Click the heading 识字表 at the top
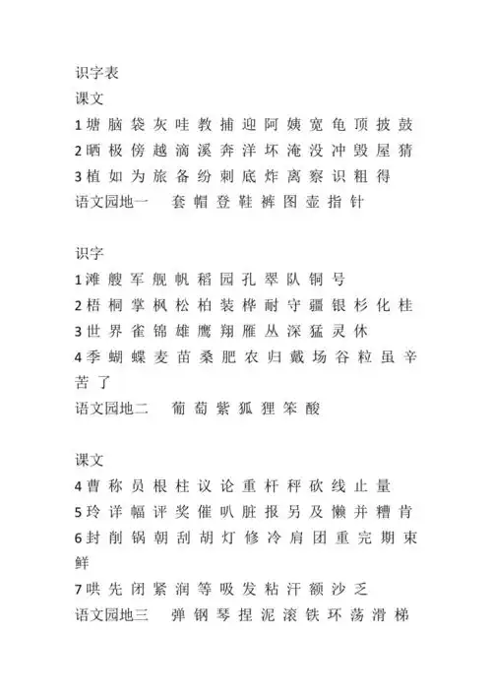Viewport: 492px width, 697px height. coord(97,73)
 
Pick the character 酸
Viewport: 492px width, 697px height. coord(312,408)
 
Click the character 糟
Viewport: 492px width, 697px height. coord(383,511)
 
